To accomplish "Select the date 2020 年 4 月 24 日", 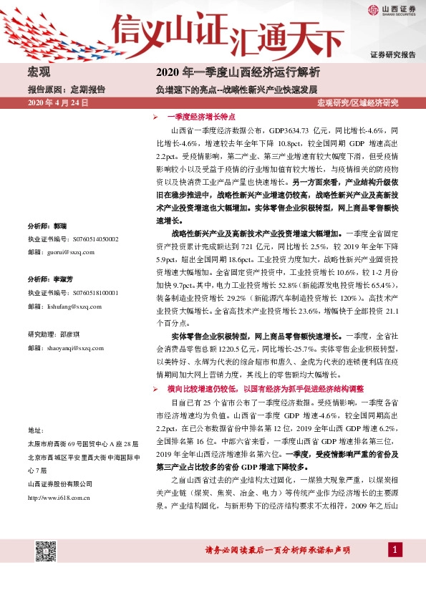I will click(57, 103).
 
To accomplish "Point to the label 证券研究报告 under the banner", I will click(393, 54).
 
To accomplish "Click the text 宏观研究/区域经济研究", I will click(357, 103).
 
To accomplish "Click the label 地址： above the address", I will click(37, 430).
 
